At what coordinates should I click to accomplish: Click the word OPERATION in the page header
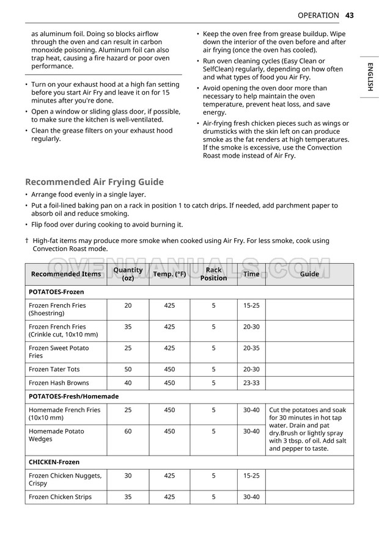click(x=318, y=15)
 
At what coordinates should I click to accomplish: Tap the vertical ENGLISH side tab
click(x=370, y=77)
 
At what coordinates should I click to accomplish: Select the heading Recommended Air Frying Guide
click(x=94, y=182)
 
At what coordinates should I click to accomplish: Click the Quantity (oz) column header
click(x=128, y=274)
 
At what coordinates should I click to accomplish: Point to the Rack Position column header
click(x=213, y=274)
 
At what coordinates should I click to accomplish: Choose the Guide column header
click(x=309, y=274)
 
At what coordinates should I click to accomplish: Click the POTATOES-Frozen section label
click(x=56, y=292)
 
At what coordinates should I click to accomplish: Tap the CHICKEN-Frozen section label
click(x=54, y=462)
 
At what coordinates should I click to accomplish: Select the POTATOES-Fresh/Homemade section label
click(x=73, y=396)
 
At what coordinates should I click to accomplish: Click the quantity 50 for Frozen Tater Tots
click(x=128, y=369)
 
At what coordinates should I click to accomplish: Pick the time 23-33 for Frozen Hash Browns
click(x=251, y=383)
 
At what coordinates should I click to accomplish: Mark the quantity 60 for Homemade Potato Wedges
click(x=128, y=431)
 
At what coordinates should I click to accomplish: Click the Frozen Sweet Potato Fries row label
click(x=59, y=352)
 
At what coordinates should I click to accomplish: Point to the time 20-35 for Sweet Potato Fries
click(x=251, y=348)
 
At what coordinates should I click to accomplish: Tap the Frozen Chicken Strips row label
click(x=60, y=497)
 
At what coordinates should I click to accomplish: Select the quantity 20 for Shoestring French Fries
click(x=128, y=305)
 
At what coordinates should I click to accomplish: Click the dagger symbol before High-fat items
click(x=27, y=241)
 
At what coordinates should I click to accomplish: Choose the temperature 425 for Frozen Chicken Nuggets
click(x=169, y=476)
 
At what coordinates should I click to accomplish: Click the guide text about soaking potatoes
click(x=308, y=429)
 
